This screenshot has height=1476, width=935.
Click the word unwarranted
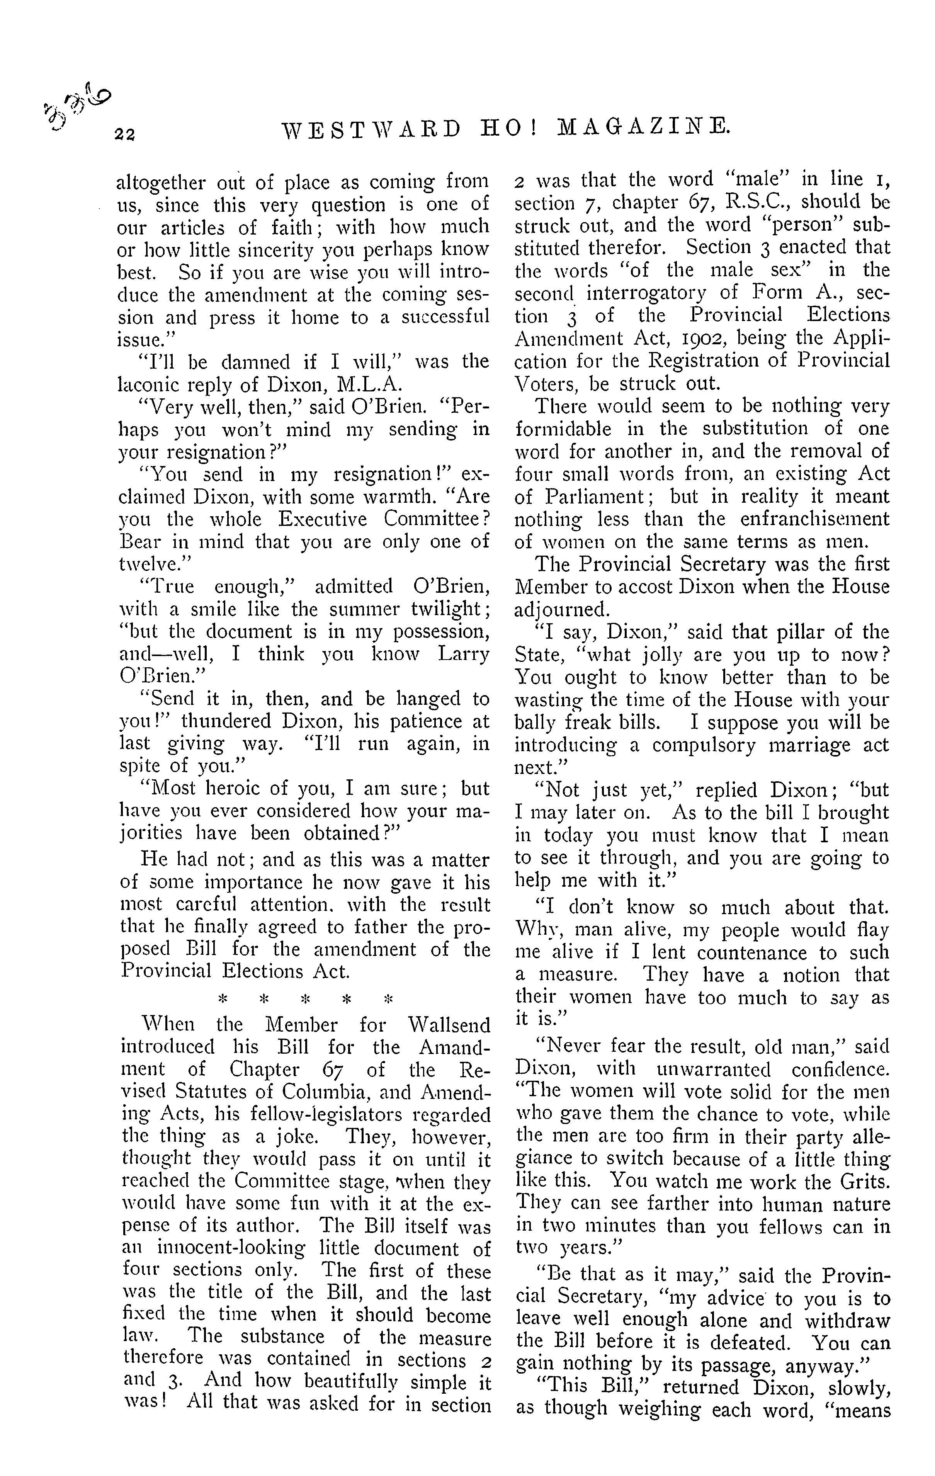click(713, 1070)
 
